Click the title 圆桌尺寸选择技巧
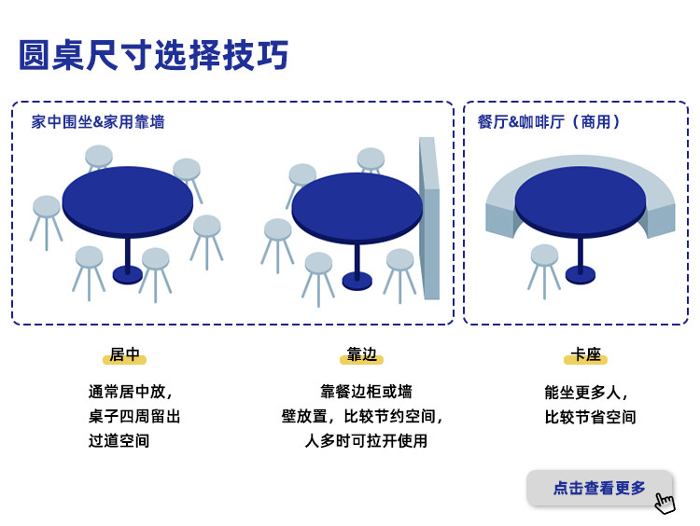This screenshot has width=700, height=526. coord(154,56)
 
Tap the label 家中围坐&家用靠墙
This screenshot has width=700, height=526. coord(98,122)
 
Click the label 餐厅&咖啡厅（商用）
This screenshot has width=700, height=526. coord(549,122)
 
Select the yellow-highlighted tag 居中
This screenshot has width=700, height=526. coord(124,355)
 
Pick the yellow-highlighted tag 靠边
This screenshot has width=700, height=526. coord(361,355)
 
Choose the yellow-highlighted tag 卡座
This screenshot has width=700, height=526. coord(585,355)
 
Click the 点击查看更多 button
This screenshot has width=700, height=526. coord(599,488)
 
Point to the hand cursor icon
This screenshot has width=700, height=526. coord(665,503)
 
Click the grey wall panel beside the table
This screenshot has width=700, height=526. coord(428,219)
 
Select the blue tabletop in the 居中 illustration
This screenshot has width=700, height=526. coord(128,199)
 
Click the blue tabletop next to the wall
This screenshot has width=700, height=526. coord(357,204)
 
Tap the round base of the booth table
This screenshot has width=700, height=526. coord(580,273)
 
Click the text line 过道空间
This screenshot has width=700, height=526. coord(119,441)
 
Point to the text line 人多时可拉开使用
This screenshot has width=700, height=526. coord(366,441)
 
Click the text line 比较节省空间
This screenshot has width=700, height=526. coord(590,417)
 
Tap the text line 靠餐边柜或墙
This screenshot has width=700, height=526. coord(366,392)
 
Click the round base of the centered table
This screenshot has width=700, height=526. coord(128,274)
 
